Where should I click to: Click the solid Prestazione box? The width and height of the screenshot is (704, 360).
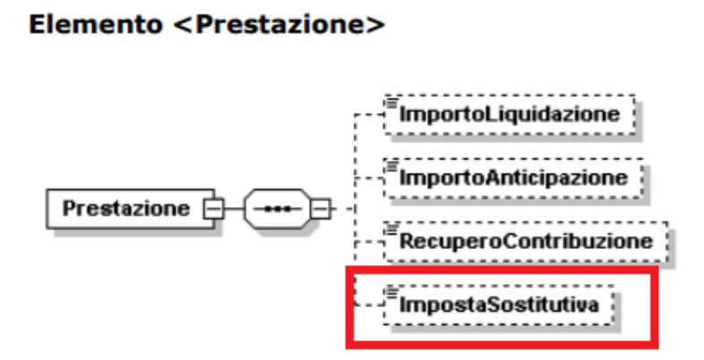tap(125, 209)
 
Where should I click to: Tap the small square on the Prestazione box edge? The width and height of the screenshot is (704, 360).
tap(213, 209)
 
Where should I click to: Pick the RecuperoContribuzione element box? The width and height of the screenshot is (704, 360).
tap(526, 239)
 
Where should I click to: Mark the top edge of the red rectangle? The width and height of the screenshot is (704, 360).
tap(502, 267)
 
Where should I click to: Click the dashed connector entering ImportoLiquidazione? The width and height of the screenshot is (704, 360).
tap(368, 115)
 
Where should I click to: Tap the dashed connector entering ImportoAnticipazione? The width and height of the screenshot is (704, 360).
tap(368, 177)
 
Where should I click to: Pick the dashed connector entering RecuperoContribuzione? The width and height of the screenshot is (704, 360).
tap(368, 240)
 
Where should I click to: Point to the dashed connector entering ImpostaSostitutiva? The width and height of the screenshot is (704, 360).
tap(368, 304)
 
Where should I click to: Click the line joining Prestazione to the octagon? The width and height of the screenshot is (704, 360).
tap(229, 210)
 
